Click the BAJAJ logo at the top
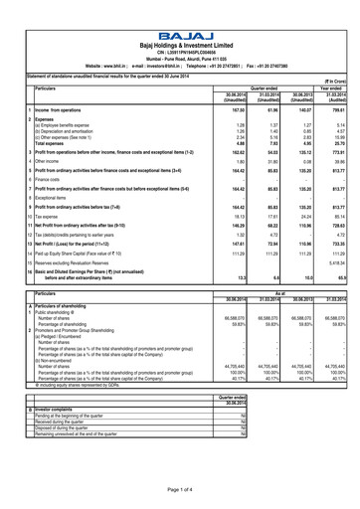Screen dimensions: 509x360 point(180,8)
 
